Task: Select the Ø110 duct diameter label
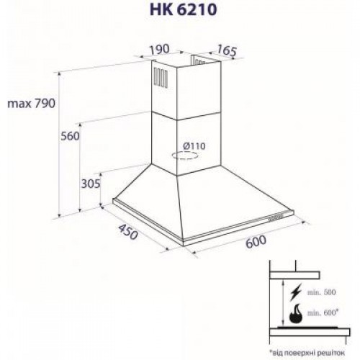(x=194, y=146)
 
